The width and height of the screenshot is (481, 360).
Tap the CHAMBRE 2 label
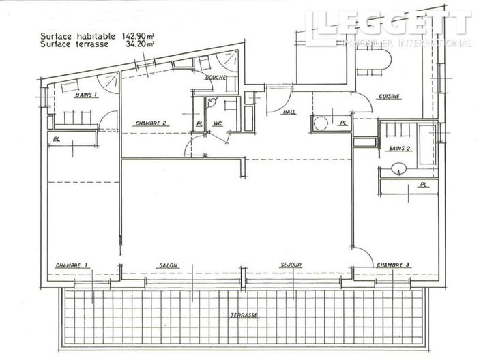[151, 123]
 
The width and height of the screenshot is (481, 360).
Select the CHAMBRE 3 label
[393, 265]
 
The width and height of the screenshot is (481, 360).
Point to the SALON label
[169, 265]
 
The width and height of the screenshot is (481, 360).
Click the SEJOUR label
[290, 265]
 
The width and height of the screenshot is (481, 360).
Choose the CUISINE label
[389, 97]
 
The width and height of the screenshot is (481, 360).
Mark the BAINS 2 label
[398, 147]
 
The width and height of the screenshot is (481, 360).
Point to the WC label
[218, 123]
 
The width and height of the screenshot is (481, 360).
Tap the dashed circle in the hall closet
[319, 124]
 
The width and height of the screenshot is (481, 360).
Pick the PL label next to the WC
[199, 123]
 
